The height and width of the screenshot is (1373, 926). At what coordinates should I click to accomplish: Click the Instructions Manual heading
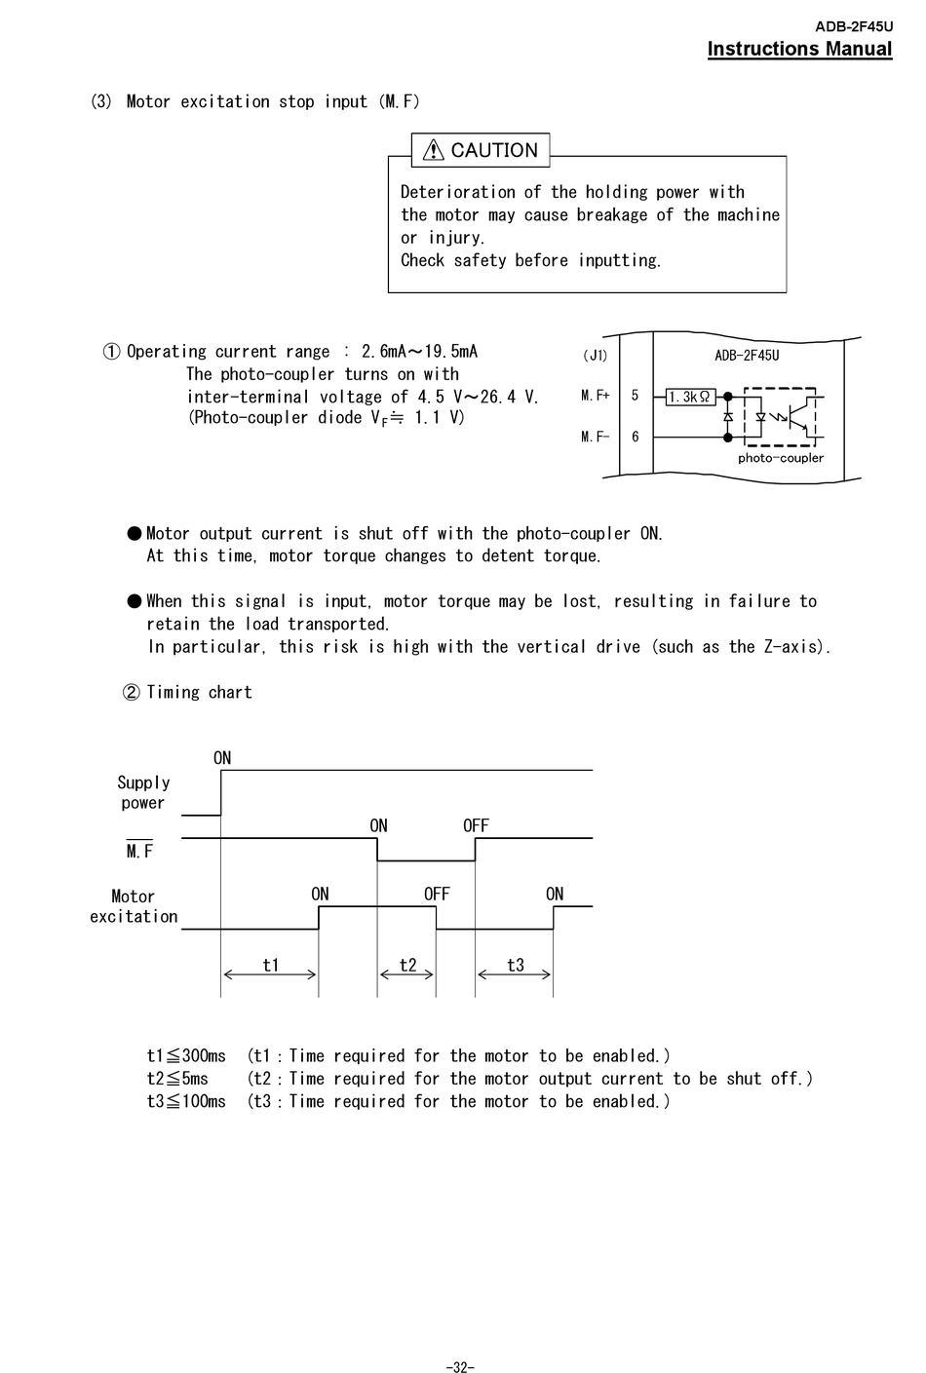pos(799,49)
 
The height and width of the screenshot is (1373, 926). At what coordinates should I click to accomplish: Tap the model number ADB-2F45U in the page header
pos(853,27)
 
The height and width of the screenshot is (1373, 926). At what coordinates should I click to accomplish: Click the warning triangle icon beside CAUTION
pos(434,150)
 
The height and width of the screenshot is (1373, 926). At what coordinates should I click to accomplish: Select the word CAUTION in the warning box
pos(494,150)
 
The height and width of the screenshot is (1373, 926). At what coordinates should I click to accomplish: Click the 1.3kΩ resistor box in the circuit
pos(690,397)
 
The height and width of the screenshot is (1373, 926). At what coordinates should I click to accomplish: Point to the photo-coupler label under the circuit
pos(780,458)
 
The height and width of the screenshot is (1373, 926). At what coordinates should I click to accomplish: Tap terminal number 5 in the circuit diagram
pos(635,396)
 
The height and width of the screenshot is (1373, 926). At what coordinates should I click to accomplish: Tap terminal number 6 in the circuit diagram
pos(635,437)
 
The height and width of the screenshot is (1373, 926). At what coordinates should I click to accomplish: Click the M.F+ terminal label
pos(595,396)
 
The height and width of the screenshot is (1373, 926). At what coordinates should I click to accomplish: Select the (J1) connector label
pos(595,356)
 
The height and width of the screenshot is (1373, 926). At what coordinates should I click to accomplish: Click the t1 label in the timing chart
pos(271,965)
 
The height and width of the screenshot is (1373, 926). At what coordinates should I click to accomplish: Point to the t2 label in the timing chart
pos(407,965)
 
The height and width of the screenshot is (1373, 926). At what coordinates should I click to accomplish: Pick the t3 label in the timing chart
pos(515,965)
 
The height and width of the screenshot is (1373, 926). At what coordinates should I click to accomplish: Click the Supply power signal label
pos(143,793)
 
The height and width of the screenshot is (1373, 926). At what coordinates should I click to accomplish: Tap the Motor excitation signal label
pos(134,906)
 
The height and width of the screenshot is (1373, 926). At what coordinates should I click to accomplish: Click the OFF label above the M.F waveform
pos(476,826)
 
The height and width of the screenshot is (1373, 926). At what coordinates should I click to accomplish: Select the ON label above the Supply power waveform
pos(222,758)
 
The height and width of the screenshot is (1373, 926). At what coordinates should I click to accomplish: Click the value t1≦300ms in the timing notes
pos(186,1056)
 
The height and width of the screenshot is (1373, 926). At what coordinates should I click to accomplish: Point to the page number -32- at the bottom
pos(460,1367)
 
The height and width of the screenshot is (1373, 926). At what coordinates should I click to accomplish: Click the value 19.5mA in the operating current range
pos(450,352)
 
